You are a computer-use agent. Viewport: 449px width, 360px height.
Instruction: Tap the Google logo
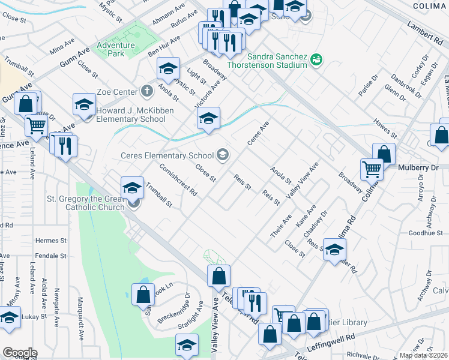(20, 353)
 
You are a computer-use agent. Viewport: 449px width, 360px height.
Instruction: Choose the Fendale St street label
(50, 256)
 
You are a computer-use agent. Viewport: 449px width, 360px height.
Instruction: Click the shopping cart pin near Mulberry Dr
(372, 170)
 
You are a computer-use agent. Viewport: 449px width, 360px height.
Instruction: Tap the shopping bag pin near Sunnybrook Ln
(143, 295)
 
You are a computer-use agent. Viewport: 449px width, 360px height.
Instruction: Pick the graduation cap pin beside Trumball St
(132, 187)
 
